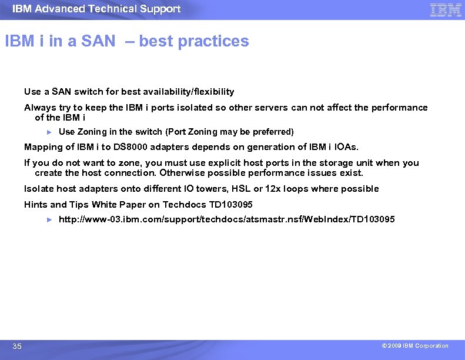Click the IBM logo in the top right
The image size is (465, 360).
(446, 9)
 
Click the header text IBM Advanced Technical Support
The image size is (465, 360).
(96, 9)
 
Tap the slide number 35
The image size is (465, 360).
(17, 346)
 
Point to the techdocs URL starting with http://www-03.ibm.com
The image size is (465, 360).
(227, 219)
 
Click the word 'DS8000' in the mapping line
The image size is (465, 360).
(129, 147)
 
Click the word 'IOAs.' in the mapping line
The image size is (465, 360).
(346, 147)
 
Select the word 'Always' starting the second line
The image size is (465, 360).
(38, 108)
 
